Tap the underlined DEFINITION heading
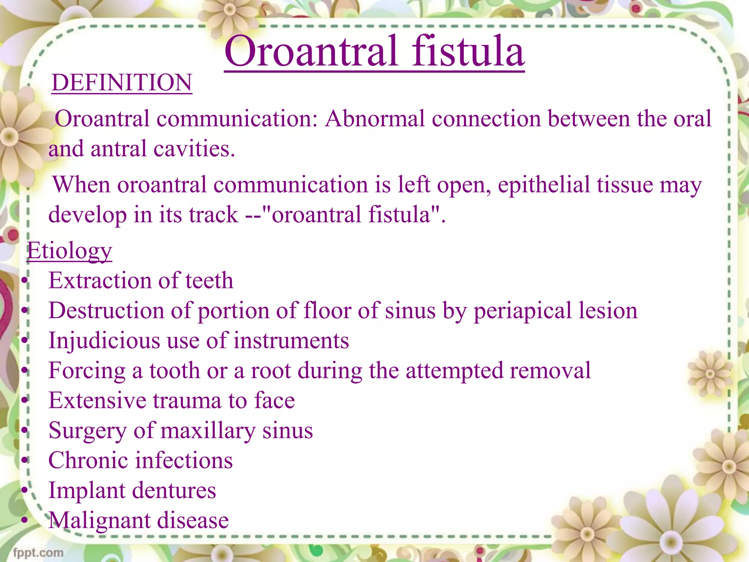122,83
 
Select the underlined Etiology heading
69,251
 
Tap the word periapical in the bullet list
522,311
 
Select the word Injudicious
104,341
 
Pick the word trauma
187,400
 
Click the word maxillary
208,431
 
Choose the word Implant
87,491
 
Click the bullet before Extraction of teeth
25,281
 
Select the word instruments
291,341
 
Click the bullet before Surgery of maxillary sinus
25,431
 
